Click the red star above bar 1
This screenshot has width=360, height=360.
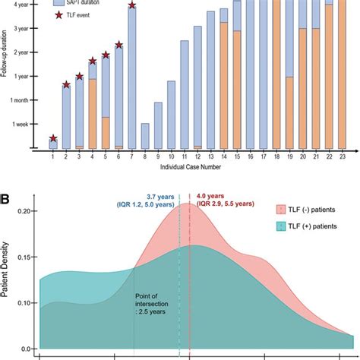(52, 138)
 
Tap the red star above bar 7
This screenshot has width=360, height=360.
(132, 5)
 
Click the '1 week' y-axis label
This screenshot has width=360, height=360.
(21, 124)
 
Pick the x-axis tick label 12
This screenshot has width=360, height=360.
(197, 156)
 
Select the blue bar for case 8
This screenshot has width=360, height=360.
(145, 135)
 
